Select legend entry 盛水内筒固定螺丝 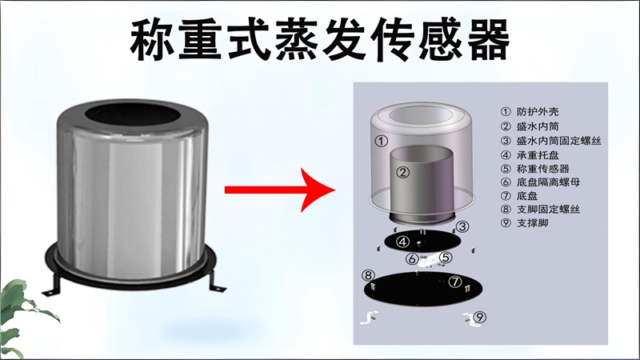(x=559, y=140)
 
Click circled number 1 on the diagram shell (x=382, y=140)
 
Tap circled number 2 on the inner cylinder (x=404, y=171)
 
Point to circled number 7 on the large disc (x=454, y=282)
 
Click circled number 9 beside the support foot (x=479, y=317)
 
